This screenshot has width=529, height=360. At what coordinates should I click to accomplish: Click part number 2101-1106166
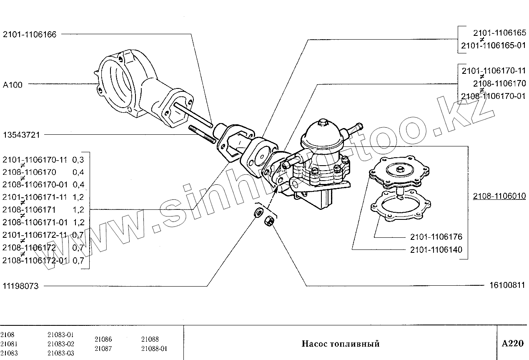[30, 35]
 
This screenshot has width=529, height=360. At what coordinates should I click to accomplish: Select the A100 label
[13, 85]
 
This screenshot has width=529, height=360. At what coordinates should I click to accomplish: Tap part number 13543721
[21, 135]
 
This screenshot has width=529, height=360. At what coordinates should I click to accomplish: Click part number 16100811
[505, 286]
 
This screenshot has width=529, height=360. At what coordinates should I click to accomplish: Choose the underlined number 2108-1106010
[499, 196]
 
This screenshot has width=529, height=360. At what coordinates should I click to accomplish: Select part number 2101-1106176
[436, 237]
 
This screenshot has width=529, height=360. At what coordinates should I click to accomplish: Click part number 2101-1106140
[436, 250]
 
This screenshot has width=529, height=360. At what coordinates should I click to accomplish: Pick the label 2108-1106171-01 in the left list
[35, 222]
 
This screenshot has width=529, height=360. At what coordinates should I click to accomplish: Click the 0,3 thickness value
[78, 160]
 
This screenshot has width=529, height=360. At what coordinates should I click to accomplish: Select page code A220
[512, 344]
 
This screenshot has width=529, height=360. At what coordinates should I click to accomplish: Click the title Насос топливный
[340, 344]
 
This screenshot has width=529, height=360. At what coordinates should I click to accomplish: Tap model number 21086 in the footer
[103, 340]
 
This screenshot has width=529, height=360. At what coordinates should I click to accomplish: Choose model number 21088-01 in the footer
[154, 349]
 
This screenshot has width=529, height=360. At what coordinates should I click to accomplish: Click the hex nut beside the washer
[269, 221]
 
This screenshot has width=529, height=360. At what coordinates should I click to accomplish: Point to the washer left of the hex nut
[258, 213]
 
